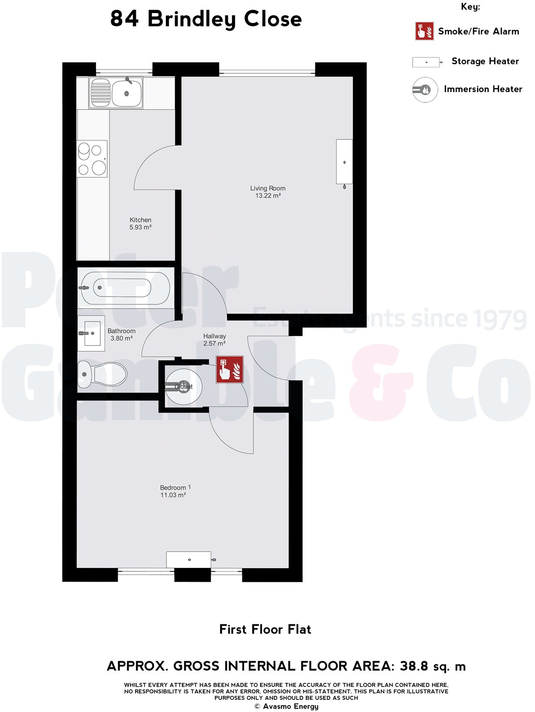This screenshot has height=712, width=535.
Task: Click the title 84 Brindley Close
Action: (206, 20)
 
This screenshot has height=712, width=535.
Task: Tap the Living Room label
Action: (267, 188)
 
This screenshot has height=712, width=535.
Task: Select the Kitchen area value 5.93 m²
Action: (140, 227)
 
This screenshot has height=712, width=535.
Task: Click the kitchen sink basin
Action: (126, 92)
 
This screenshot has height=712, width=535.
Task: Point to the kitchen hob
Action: (92, 159)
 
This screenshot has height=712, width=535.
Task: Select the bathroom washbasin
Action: (92, 333)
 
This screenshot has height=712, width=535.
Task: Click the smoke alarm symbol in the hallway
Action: (230, 369)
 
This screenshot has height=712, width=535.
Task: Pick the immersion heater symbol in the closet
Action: (183, 386)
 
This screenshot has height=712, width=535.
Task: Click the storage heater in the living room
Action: (344, 162)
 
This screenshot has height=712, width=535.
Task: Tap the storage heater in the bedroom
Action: (189, 560)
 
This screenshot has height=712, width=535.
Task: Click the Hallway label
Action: (215, 336)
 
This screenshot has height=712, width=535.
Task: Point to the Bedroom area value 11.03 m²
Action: (173, 495)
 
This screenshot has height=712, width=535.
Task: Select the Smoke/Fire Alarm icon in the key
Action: (424, 31)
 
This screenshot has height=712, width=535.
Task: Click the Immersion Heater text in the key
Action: (483, 89)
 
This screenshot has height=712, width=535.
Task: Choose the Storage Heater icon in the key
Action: (426, 62)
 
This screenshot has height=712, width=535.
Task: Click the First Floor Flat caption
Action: (265, 630)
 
